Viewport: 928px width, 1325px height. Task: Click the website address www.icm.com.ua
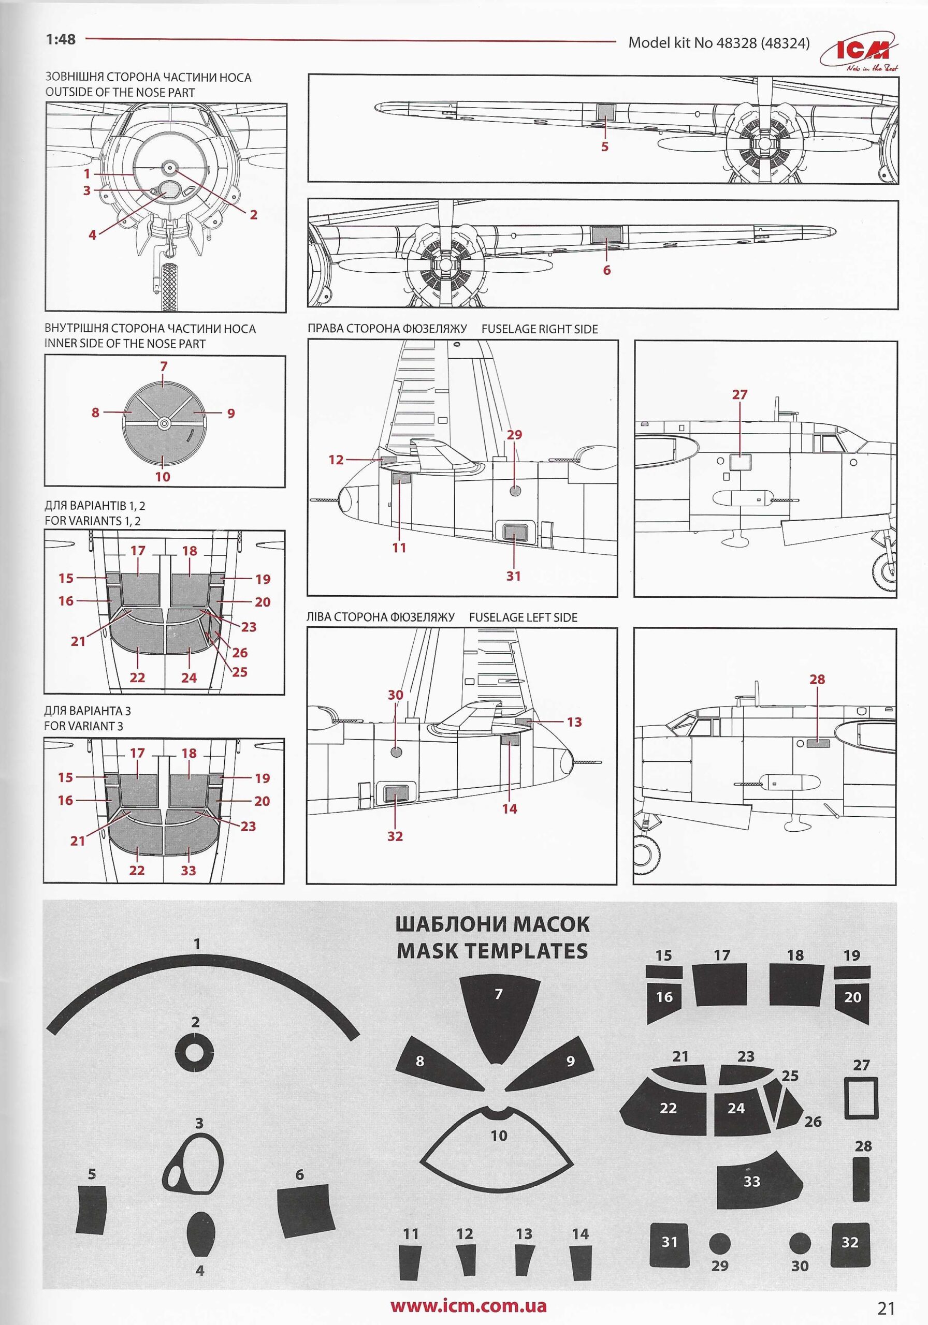click(468, 1301)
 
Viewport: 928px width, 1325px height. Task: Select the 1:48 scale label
click(61, 39)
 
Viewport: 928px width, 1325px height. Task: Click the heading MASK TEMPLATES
click(492, 950)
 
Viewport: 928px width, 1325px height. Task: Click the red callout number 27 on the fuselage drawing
click(739, 395)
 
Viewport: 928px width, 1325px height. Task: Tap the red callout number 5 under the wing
click(605, 146)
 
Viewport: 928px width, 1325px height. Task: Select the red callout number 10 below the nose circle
click(163, 477)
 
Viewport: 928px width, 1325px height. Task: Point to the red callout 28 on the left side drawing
click(817, 679)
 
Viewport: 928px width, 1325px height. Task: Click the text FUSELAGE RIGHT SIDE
click(540, 330)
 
